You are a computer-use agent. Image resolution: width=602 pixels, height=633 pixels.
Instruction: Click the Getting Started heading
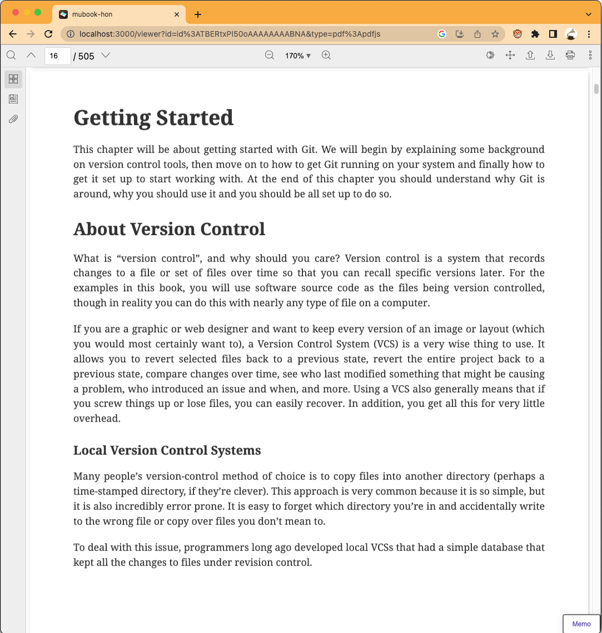(x=153, y=118)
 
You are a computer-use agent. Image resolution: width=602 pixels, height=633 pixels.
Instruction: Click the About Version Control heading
(x=169, y=229)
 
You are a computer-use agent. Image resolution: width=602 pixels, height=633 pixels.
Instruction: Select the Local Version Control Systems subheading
(x=167, y=450)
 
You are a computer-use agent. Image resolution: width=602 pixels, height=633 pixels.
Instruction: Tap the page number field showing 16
(x=57, y=56)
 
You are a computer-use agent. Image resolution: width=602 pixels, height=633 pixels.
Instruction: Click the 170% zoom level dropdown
(x=298, y=56)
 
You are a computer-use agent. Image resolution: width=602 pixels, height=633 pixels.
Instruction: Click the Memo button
(x=581, y=624)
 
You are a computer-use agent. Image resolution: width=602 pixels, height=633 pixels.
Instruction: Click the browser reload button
(x=48, y=34)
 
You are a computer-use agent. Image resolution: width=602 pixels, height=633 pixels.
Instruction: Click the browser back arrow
(x=13, y=34)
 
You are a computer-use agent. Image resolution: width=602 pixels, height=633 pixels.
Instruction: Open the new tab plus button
(x=198, y=14)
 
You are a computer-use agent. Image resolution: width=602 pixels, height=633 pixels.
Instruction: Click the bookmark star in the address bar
(x=495, y=34)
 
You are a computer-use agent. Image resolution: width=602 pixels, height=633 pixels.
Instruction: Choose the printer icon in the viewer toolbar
(x=570, y=55)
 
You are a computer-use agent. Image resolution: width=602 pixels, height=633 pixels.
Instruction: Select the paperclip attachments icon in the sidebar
(x=13, y=119)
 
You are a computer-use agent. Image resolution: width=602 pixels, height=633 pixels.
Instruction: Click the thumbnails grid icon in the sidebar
(x=13, y=79)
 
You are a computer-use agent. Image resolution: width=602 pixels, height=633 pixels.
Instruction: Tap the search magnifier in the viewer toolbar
(x=11, y=55)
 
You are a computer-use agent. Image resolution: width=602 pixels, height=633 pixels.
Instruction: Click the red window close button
(x=16, y=12)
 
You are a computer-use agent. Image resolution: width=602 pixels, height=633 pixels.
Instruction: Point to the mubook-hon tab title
(x=92, y=14)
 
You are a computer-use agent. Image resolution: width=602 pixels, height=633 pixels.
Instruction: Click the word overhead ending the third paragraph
(x=97, y=418)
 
